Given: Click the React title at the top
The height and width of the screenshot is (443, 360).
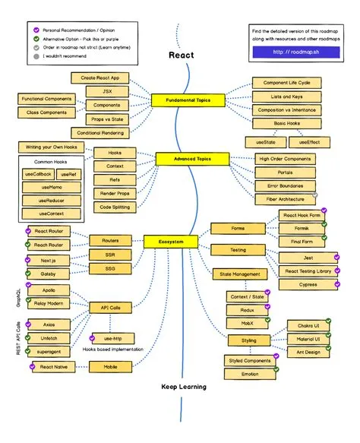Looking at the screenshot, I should [x=181, y=55].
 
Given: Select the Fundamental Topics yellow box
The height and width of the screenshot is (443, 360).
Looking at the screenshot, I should [x=188, y=100].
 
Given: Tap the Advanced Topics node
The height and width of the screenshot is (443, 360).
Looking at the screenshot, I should [x=187, y=159].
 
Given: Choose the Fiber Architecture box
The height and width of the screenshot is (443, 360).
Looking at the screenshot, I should [x=281, y=199].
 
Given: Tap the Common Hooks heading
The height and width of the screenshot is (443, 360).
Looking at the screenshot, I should [x=49, y=162].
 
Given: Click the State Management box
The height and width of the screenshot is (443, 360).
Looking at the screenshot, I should [x=240, y=274].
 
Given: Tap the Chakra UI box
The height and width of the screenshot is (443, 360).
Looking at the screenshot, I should [x=308, y=325].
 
